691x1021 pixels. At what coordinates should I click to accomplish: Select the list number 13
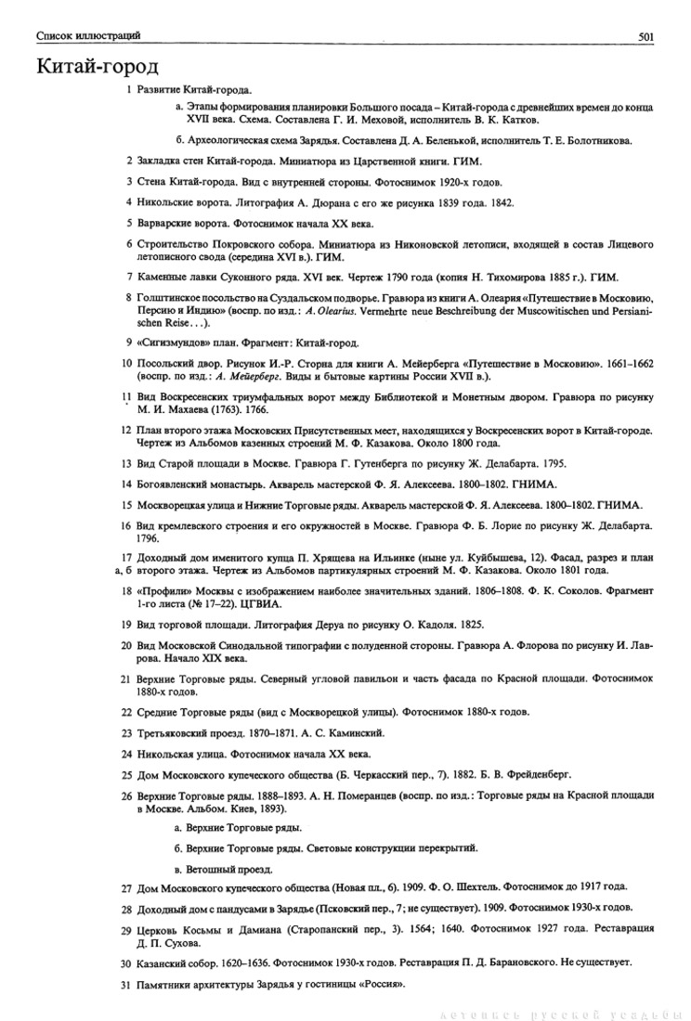(x=126, y=463)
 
